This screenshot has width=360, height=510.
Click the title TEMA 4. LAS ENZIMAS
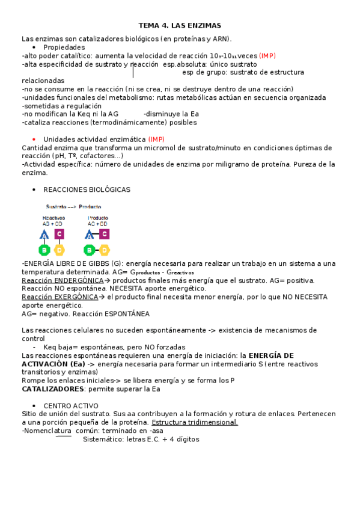[180, 26]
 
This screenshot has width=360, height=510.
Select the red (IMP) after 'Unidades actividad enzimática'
[156, 139]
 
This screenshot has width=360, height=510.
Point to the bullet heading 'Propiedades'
[64, 47]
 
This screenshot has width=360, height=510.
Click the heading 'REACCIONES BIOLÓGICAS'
[87, 189]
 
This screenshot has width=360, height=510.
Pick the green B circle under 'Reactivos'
[44, 249]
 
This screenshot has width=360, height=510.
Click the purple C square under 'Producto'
[104, 234]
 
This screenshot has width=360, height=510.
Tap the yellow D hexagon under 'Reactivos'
[59, 249]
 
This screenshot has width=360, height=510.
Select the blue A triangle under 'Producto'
[90, 234]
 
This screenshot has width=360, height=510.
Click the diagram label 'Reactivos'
[53, 218]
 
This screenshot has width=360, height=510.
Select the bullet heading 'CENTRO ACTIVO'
[71, 406]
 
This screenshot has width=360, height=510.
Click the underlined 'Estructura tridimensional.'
[195, 422]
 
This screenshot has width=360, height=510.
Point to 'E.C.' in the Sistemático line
[151, 439]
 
